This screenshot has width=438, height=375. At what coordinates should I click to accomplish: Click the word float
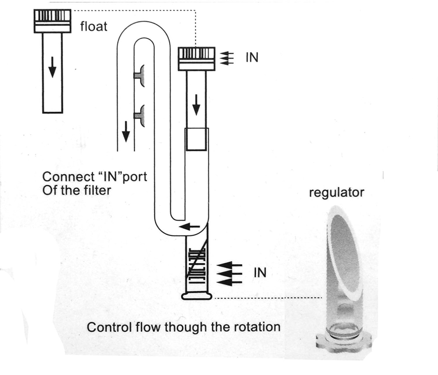[94, 27]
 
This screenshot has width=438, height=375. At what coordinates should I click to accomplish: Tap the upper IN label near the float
[252, 57]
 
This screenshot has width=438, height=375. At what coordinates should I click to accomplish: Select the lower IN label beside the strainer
[260, 273]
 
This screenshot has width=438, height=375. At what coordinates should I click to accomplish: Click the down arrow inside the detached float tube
[52, 67]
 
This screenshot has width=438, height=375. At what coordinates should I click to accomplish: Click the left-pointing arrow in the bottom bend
[189, 227]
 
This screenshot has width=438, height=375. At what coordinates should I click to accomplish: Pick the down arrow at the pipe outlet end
[126, 132]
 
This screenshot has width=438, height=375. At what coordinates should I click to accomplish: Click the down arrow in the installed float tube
[196, 105]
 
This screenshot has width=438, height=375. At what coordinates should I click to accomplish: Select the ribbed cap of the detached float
[52, 21]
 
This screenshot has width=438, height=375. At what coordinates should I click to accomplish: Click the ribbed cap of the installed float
[197, 59]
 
